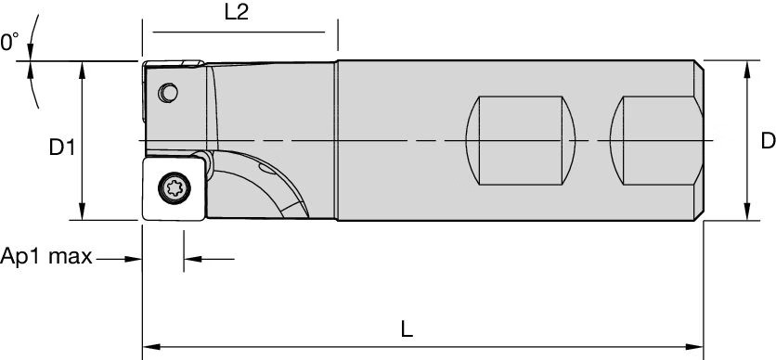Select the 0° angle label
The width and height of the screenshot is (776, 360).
(9, 43)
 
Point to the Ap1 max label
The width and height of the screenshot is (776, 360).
(46, 257)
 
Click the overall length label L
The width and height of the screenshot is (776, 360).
(407, 330)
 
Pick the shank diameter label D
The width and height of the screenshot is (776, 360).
(767, 141)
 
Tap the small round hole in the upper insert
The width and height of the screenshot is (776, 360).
(168, 93)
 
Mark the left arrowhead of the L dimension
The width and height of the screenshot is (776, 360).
(148, 351)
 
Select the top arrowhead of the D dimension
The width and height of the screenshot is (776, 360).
(748, 67)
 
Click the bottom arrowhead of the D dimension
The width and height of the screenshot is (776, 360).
(748, 215)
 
